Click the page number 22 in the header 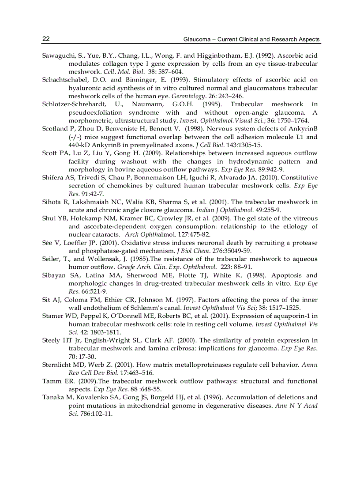tap(46, 39)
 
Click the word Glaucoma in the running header tap(196, 40)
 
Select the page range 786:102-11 tap(93, 413)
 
